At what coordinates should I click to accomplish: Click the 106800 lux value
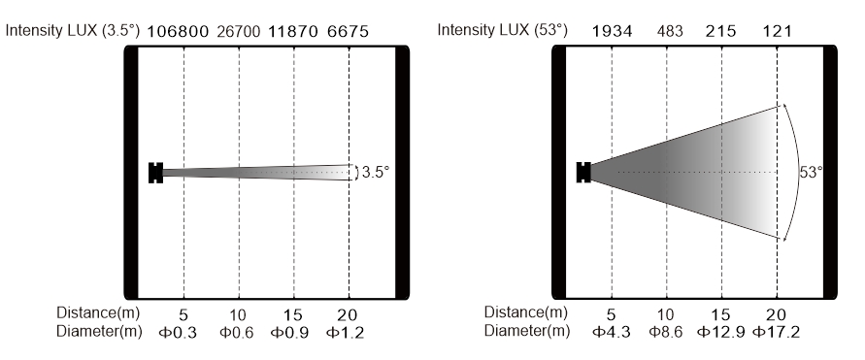(178, 31)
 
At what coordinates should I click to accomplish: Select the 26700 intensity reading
(238, 31)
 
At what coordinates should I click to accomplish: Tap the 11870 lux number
(293, 31)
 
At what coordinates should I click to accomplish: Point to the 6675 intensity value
(348, 31)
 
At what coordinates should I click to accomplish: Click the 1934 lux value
(612, 31)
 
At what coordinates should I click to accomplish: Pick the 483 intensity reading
(670, 31)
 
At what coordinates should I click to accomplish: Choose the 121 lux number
(777, 31)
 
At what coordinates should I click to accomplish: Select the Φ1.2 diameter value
(345, 333)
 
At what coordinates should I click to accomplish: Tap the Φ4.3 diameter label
(612, 332)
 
